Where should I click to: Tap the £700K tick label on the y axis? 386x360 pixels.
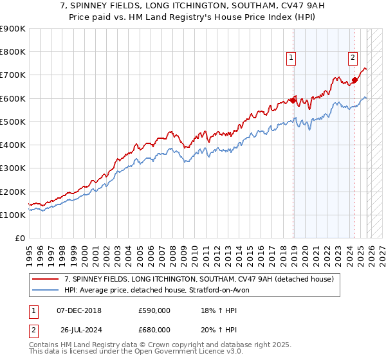tap(13, 75)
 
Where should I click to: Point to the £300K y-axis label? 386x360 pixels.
tap(13, 168)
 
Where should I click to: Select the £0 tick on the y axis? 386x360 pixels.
tap(21, 239)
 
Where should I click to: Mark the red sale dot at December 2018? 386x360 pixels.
tap(293, 100)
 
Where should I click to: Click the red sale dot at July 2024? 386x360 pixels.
tap(354, 80)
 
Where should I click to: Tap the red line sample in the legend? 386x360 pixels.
tap(45, 280)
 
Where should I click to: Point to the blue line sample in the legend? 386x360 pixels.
tap(45, 290)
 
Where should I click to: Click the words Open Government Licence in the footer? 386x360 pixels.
tap(167, 354)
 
